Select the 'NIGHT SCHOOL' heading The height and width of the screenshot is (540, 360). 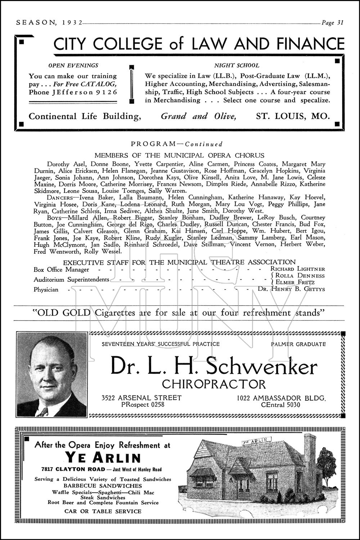(237, 66)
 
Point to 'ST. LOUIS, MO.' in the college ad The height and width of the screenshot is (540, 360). (293, 116)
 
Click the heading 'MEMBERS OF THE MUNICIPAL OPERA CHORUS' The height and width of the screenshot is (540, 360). (179, 156)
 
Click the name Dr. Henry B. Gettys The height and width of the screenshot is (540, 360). (291, 289)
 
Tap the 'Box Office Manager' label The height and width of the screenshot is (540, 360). (61, 269)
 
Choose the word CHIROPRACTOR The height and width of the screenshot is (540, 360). (214, 384)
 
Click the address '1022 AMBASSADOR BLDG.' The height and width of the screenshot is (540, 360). (281, 398)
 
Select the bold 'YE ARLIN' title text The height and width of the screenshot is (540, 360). (103, 458)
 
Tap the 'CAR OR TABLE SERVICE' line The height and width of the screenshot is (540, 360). (103, 511)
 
